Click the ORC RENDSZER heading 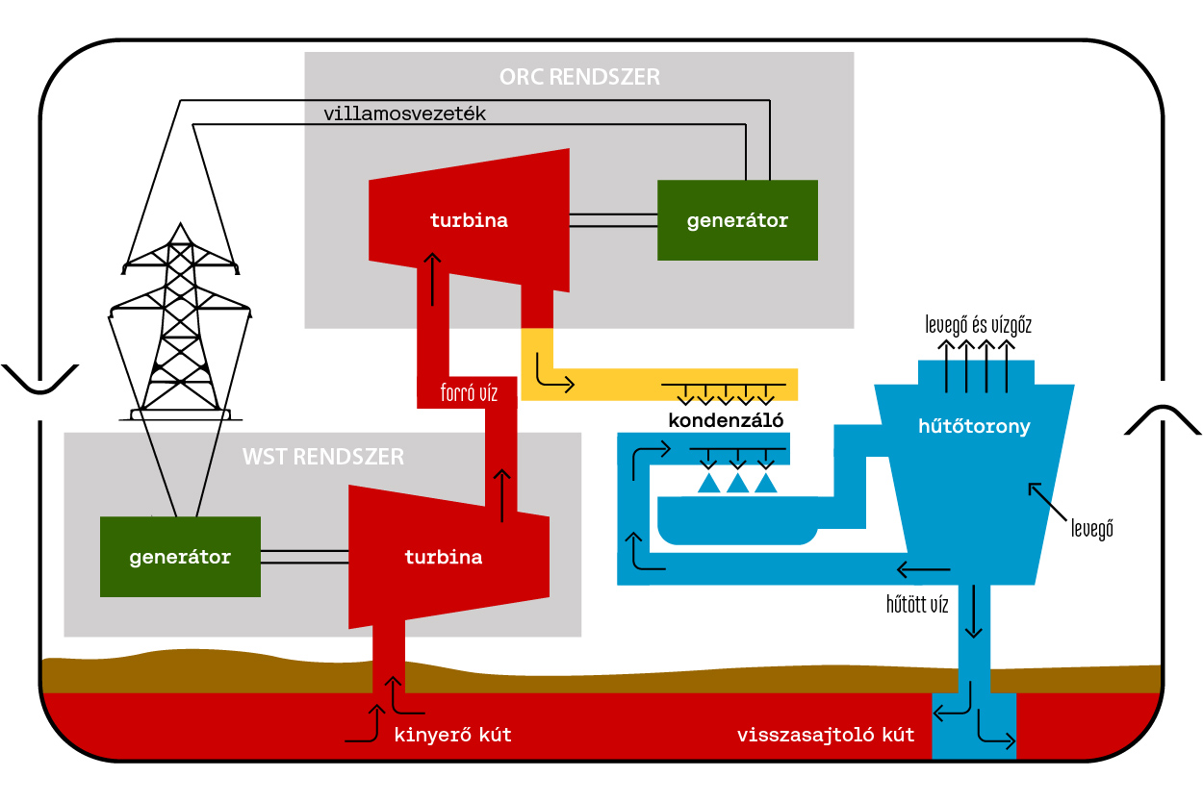click(579, 77)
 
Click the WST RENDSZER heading click(323, 457)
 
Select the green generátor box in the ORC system click(737, 220)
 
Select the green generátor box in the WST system click(180, 557)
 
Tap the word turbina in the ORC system click(469, 220)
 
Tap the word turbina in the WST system click(443, 557)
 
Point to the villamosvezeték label click(405, 113)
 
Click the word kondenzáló click(727, 420)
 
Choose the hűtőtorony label click(974, 426)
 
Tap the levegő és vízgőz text click(978, 325)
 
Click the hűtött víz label click(917, 605)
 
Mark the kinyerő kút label click(453, 736)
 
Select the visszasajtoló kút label click(826, 736)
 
